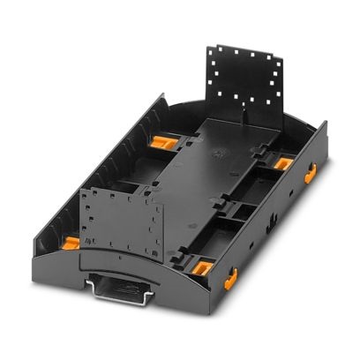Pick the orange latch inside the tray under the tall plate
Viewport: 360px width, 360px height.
point(281,163)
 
